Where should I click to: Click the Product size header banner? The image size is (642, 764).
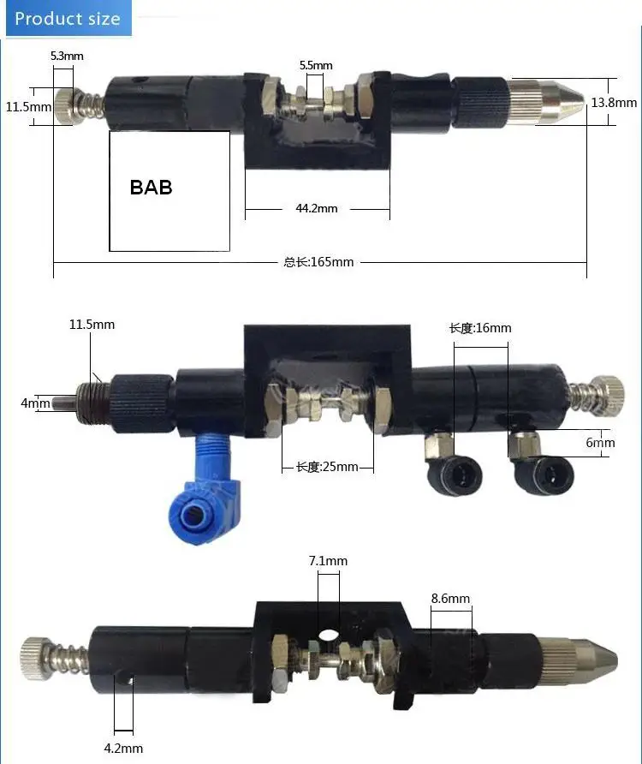tap(68, 18)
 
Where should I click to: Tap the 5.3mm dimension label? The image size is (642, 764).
tap(68, 56)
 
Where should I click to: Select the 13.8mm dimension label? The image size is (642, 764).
tap(614, 102)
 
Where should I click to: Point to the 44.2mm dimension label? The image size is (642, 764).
tap(317, 208)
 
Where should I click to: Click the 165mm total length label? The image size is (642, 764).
tap(318, 262)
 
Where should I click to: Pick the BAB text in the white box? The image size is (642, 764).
tap(151, 188)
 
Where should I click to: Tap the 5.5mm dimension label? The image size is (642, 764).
tap(316, 65)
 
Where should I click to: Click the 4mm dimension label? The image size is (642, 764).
tap(35, 403)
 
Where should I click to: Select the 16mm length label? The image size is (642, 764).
tap(480, 328)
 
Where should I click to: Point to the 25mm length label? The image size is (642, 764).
tap(327, 467)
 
